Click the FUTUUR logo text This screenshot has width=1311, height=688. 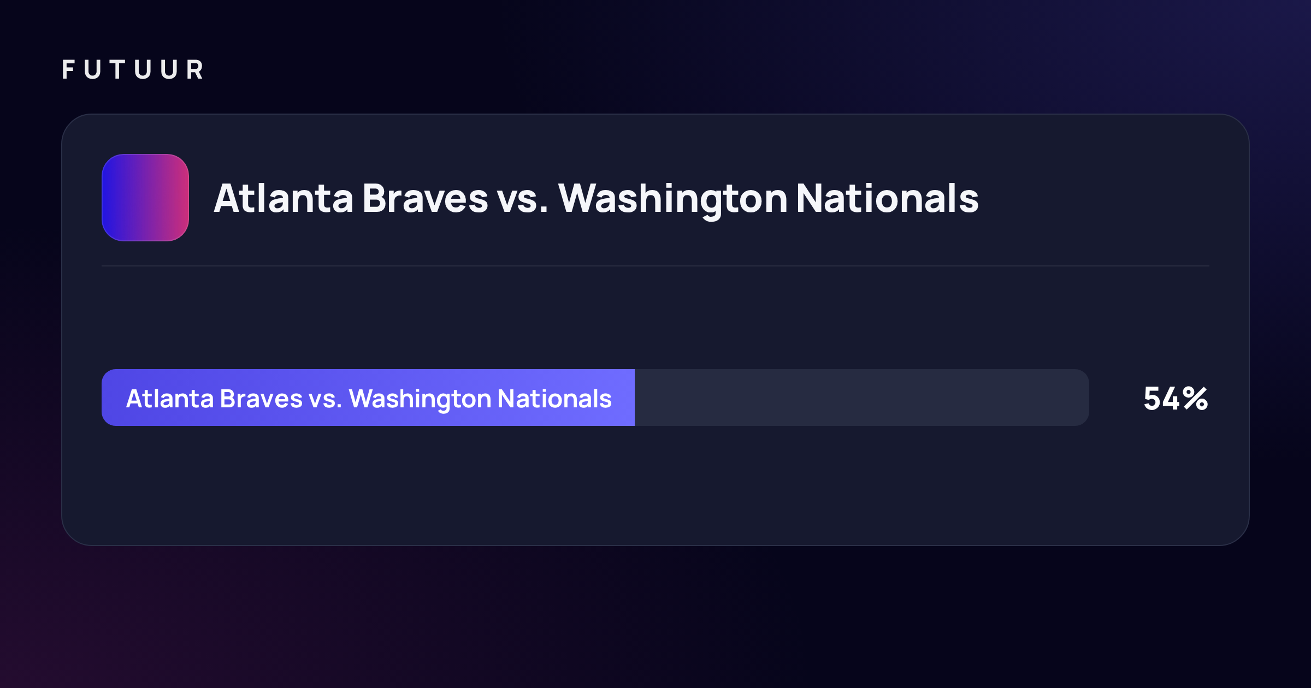tap(133, 70)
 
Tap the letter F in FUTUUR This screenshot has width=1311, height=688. tap(68, 70)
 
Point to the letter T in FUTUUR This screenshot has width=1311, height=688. tap(117, 70)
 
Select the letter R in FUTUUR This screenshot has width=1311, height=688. tap(195, 70)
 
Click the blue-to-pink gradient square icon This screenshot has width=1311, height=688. tap(145, 198)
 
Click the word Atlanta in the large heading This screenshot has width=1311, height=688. tap(284, 198)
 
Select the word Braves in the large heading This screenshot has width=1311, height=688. tap(425, 198)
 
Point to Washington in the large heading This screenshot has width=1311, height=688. tap(673, 200)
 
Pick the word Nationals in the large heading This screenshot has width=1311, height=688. tap(888, 198)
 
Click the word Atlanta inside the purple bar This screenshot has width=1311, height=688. tap(170, 398)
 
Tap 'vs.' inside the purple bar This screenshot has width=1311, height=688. tap(326, 401)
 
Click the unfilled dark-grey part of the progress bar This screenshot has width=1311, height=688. tap(862, 398)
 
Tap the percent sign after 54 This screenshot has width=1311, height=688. tap(1196, 399)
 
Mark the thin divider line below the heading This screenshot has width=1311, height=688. tap(655, 266)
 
